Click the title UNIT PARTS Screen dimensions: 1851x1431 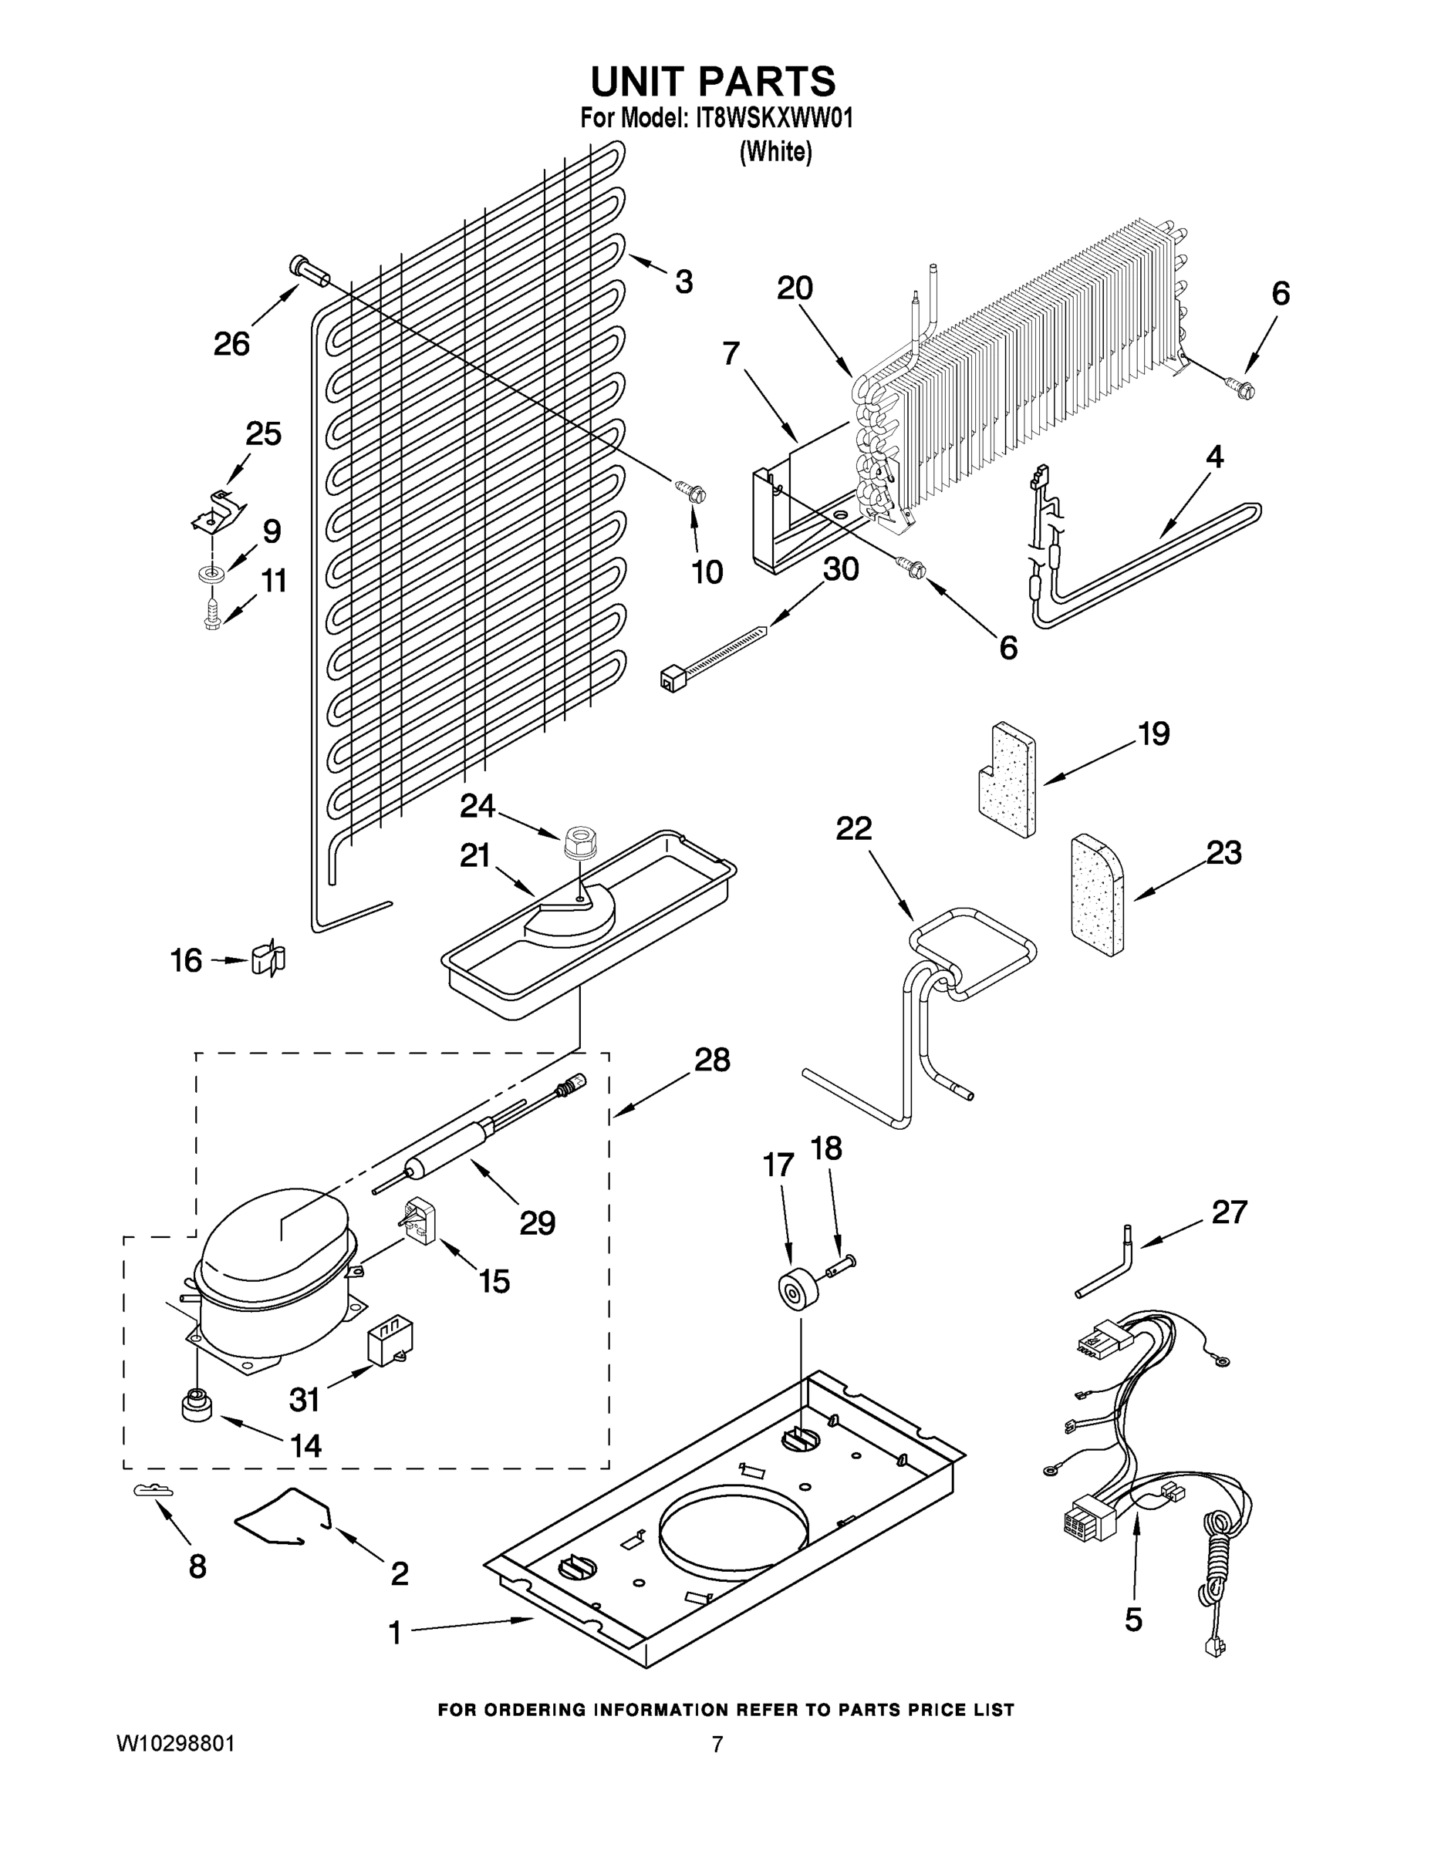713,83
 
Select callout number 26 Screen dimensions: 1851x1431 231,343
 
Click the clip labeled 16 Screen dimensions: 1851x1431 268,960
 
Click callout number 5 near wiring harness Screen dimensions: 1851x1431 1133,1620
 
